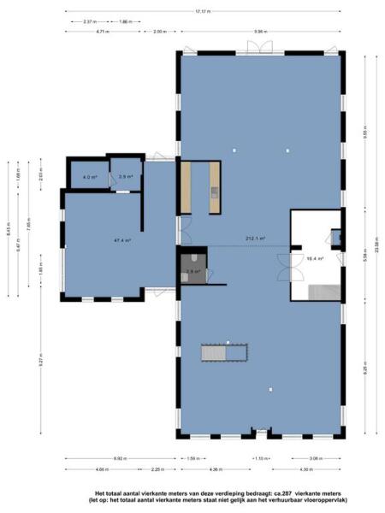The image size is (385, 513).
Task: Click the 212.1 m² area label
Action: pyautogui.click(x=255, y=239)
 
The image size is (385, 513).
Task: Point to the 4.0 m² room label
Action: pyautogui.click(x=89, y=177)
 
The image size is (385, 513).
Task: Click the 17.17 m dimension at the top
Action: pyautogui.click(x=203, y=12)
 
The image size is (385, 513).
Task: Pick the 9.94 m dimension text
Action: pyautogui.click(x=258, y=32)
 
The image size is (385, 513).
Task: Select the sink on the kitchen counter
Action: pyautogui.click(x=215, y=192)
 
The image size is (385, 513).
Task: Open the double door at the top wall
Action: pyautogui.click(x=264, y=47)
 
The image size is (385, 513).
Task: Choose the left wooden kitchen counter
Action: pyautogui.click(x=186, y=188)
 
